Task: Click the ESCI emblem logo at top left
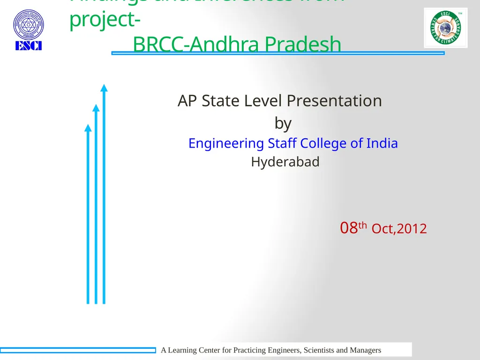tap(28, 25)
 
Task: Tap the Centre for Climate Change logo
tap(445, 28)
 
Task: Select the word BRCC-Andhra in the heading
tap(197, 45)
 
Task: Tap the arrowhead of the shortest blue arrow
tap(88, 127)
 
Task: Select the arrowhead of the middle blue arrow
tap(96, 108)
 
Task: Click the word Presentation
tap(334, 101)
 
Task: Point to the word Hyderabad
tap(285, 162)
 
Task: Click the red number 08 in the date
tap(349, 228)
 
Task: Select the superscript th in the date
tap(362, 225)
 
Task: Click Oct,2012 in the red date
tap(399, 229)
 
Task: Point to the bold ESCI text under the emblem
tap(28, 46)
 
